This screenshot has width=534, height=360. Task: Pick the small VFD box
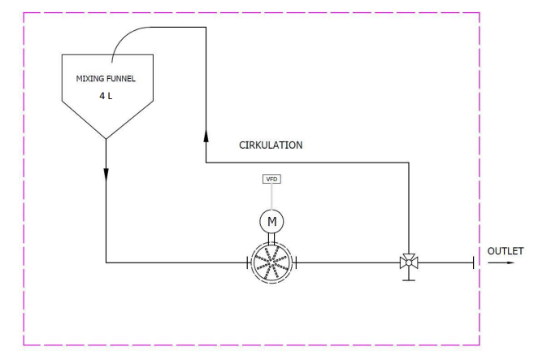(271, 179)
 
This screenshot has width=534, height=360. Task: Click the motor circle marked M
(271, 219)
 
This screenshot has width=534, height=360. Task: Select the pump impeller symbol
(271, 262)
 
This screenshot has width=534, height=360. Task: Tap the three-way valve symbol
(409, 262)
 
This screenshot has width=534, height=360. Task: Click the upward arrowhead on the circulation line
(206, 132)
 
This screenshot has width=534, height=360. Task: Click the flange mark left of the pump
(246, 262)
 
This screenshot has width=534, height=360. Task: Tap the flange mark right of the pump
(297, 262)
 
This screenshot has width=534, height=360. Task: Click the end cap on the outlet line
(473, 262)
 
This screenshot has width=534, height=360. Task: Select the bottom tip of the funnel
(106, 138)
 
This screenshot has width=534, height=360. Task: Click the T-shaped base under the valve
(409, 278)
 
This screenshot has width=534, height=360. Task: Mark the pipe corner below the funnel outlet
(106, 262)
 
